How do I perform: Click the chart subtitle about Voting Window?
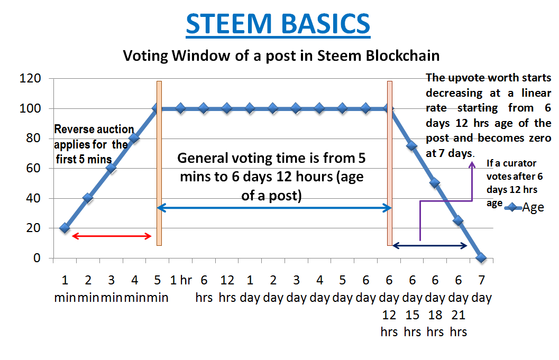(x=281, y=55)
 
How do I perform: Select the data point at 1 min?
(x=65, y=228)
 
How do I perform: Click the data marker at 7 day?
(x=481, y=258)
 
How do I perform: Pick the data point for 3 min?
(x=111, y=168)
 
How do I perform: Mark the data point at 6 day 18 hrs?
(x=435, y=183)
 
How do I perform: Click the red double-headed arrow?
(x=112, y=236)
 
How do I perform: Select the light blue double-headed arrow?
(x=274, y=208)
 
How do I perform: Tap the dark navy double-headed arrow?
(x=429, y=245)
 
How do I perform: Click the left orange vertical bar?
(x=159, y=163)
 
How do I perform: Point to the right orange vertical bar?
(x=390, y=163)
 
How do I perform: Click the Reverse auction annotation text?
(x=91, y=144)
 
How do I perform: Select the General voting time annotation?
(x=271, y=177)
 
